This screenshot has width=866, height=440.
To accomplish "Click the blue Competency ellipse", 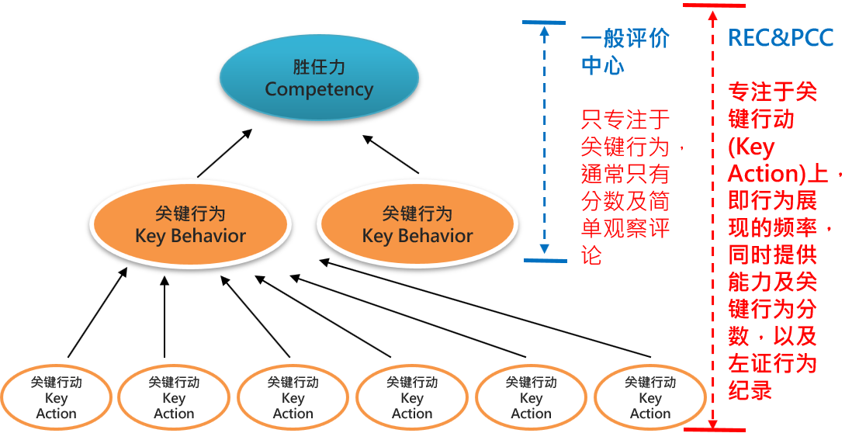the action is coord(319,78).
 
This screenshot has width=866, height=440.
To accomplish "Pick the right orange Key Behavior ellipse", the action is coord(417,224).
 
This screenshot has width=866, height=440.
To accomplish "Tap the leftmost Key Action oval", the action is coord(57,397).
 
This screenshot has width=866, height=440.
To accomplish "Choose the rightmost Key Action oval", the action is coord(650,397).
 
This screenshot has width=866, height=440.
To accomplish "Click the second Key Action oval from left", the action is coord(174,397).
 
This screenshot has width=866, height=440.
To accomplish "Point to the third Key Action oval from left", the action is coord(293,397).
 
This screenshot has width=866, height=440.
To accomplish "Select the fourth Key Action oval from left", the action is coord(412,397).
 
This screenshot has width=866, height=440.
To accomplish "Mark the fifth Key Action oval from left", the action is coord(532,397).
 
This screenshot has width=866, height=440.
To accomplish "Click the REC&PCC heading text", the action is coord(781,37).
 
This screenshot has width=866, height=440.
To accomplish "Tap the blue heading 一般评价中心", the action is coord(625,52).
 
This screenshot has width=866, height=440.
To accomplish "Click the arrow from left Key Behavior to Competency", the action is coord(225,153).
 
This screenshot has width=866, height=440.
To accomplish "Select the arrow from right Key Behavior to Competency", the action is coord(390,154).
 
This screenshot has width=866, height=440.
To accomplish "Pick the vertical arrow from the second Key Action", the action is coord(165,317).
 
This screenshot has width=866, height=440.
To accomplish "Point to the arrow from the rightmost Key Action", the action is coord(485,308).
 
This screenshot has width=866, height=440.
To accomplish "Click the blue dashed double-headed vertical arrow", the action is coord(545,141).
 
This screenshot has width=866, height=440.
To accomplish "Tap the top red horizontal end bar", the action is coord(714,5).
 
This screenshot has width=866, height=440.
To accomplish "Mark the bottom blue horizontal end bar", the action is coord(545,260).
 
